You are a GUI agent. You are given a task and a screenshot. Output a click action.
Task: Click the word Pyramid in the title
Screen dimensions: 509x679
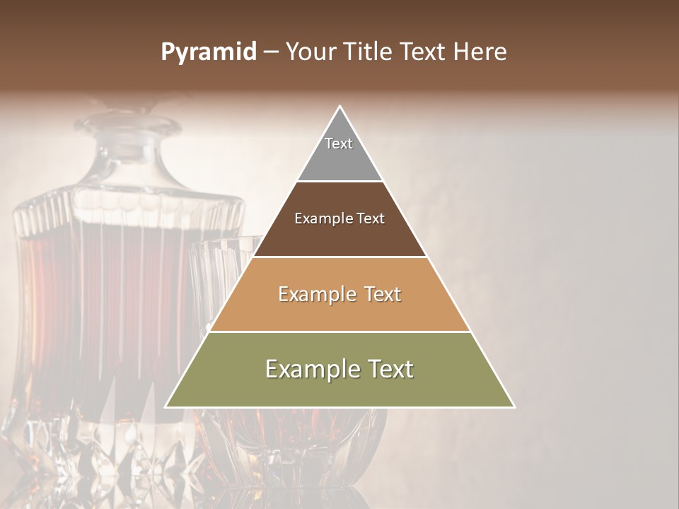(x=208, y=52)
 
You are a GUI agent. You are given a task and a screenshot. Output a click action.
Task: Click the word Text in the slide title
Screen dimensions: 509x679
(x=424, y=52)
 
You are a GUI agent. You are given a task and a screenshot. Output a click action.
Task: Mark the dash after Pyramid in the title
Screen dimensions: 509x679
(x=270, y=52)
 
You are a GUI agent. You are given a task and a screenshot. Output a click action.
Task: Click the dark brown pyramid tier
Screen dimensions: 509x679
(x=339, y=233)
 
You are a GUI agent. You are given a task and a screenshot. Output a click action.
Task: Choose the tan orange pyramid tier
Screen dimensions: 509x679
(x=339, y=311)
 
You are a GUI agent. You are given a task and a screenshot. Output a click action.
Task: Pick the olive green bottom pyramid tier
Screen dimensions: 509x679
(x=339, y=389)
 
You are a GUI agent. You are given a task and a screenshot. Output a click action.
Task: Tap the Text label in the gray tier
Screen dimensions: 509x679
(x=339, y=144)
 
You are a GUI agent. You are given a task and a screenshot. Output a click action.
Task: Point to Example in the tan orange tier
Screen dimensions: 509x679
(x=315, y=294)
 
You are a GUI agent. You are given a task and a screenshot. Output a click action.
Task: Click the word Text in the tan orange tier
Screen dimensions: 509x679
(x=382, y=294)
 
